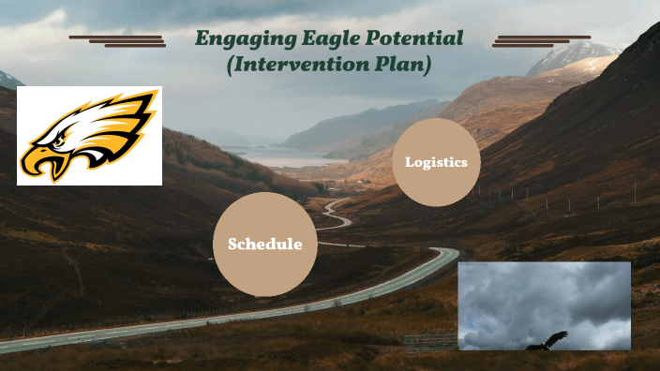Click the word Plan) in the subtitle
[403, 66]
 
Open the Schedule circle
[264, 245]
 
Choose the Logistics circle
[436, 162]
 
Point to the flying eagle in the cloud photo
[547, 342]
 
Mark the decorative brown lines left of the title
[117, 41]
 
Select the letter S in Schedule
[232, 245]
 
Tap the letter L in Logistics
[409, 162]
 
